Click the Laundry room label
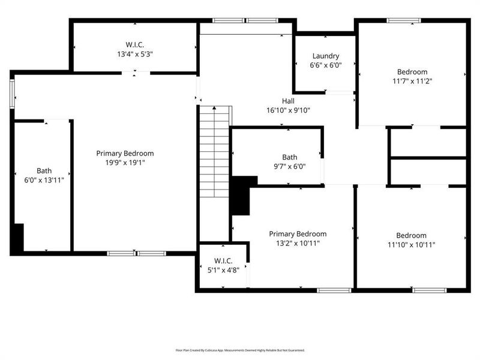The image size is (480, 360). click(x=325, y=56)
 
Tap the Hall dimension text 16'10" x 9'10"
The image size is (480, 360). click(x=288, y=110)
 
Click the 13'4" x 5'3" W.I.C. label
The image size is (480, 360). click(x=134, y=49)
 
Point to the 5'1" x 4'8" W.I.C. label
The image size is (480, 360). click(x=223, y=265)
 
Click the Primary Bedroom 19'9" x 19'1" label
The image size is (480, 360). click(x=125, y=157)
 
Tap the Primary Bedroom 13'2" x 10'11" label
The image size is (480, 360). click(x=298, y=238)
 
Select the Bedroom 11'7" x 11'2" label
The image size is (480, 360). click(x=412, y=76)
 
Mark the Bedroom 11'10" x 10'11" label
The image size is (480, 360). click(x=411, y=240)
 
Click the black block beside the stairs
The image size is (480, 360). click(x=242, y=195)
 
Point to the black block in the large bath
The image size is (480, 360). click(x=18, y=238)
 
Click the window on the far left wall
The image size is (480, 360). click(x=12, y=94)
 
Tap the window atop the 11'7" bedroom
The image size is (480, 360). click(x=404, y=20)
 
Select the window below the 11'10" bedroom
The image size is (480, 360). click(x=429, y=290)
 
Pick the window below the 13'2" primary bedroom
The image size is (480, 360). click(x=334, y=290)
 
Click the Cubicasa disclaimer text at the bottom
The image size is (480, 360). click(x=240, y=350)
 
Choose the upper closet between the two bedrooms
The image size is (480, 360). click(x=428, y=142)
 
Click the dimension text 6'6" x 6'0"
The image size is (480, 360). click(x=325, y=65)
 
